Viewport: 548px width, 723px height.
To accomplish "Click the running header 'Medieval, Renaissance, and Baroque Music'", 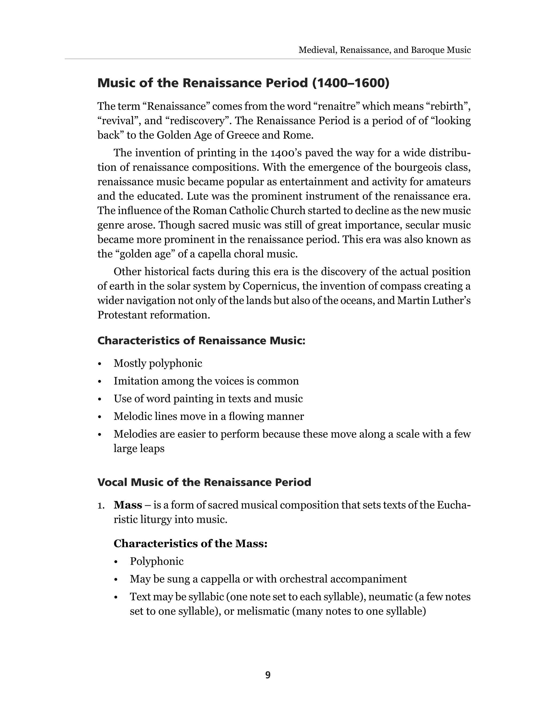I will click(x=385, y=50).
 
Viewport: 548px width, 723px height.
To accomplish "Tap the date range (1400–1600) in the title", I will click(x=351, y=83).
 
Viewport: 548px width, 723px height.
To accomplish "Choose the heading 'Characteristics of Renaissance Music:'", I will click(x=201, y=341).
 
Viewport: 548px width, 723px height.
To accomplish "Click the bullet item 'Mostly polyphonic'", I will click(x=158, y=363).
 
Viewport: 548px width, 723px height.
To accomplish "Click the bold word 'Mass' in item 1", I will click(x=128, y=505).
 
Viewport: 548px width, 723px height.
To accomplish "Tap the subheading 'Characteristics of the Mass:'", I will click(x=191, y=544).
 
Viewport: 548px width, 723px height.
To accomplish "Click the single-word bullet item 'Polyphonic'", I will click(x=157, y=562).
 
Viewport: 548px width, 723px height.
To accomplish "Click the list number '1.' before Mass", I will click(x=101, y=505).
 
